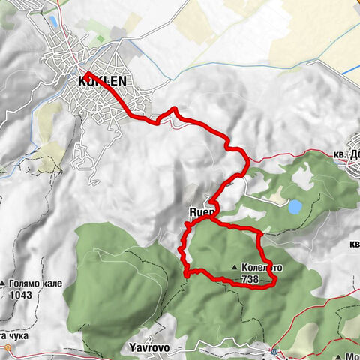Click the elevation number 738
(250, 277)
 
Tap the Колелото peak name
(264, 268)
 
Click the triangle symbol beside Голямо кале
(4, 285)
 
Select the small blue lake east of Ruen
(295, 205)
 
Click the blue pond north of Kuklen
(55, 22)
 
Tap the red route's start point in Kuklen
(85, 73)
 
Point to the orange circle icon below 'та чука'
(7, 348)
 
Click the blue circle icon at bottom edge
(275, 352)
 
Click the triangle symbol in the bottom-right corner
(338, 356)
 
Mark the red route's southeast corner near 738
(274, 280)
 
